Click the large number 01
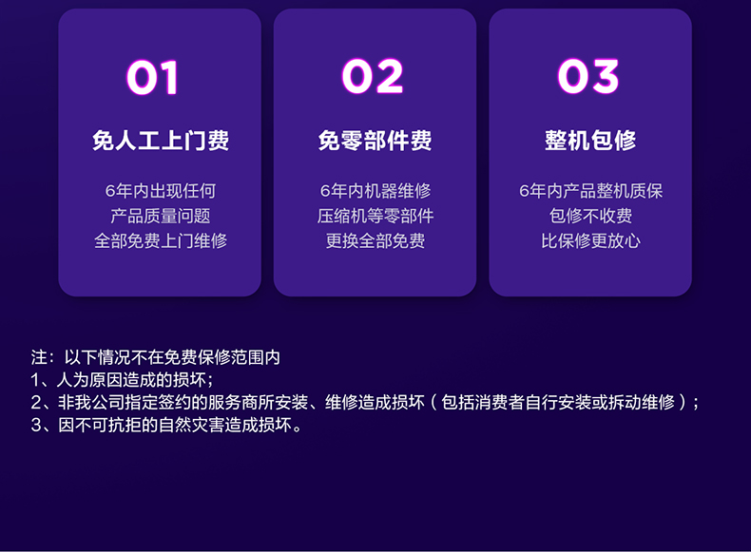(x=153, y=77)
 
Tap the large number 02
(x=373, y=76)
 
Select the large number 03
(x=588, y=76)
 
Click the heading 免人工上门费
(x=161, y=141)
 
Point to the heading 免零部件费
(x=375, y=141)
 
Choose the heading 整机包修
(x=590, y=141)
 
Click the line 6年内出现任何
(x=161, y=191)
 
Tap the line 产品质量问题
(x=161, y=216)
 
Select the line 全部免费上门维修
(x=161, y=240)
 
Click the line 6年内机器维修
(x=375, y=191)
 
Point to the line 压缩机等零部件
(x=375, y=216)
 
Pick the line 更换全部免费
(x=375, y=240)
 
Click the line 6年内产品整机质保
(x=591, y=191)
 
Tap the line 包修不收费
(x=590, y=216)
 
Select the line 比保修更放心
(x=590, y=240)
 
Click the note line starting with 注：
(x=156, y=357)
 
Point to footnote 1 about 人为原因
(x=122, y=380)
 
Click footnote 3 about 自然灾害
(x=166, y=425)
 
